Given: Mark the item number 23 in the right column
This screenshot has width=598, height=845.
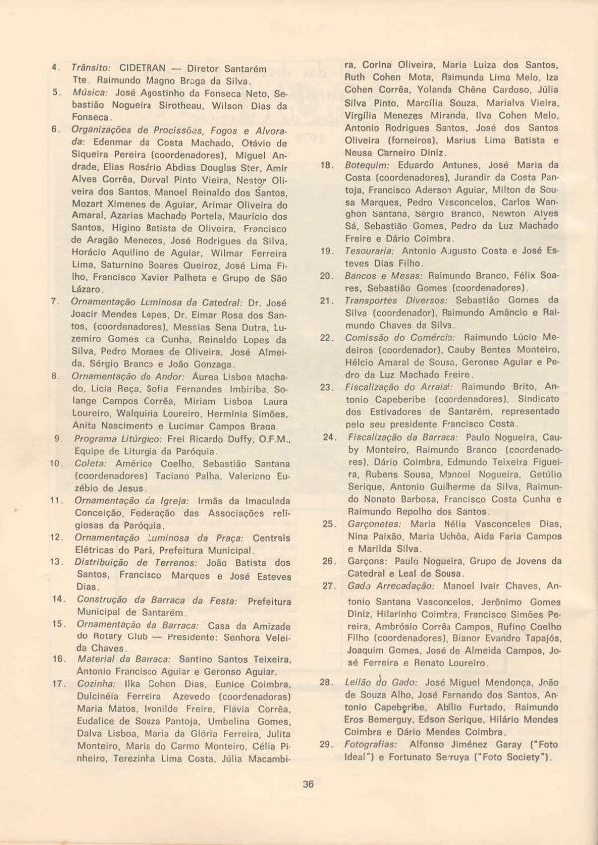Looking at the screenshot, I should [325, 386].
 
